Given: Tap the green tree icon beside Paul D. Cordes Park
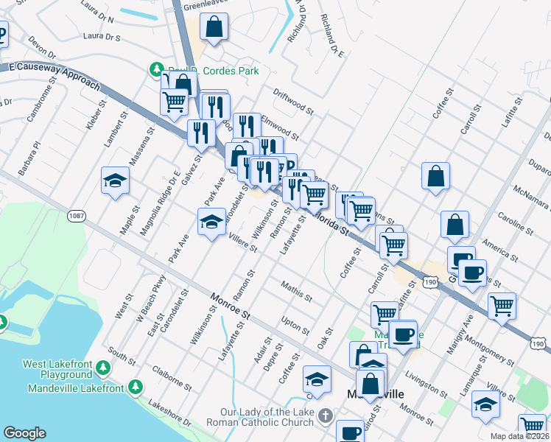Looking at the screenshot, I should pyautogui.click(x=156, y=70).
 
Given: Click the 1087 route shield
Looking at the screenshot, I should pyautogui.click(x=76, y=215).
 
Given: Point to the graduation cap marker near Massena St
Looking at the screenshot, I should pyautogui.click(x=115, y=181).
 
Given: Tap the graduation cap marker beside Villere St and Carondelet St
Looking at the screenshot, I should pyautogui.click(x=211, y=222).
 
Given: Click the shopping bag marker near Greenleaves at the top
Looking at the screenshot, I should pyautogui.click(x=213, y=27).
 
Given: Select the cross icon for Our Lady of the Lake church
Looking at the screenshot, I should pyautogui.click(x=325, y=417).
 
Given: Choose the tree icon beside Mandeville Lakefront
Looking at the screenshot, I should pyautogui.click(x=135, y=386).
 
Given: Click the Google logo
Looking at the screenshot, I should pyautogui.click(x=24, y=433).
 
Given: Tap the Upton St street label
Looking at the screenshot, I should pyautogui.click(x=296, y=325).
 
